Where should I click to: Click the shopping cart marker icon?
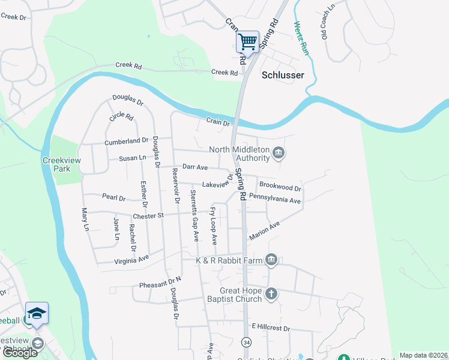[x=247, y=42]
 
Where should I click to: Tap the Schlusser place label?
[x=283, y=75]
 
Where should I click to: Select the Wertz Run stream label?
[x=301, y=39]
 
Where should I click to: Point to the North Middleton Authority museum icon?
[x=279, y=153]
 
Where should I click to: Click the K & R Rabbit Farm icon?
[x=271, y=259]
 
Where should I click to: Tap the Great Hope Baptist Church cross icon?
[x=271, y=293]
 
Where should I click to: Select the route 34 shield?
[x=247, y=341]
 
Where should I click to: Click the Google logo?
[x=20, y=353]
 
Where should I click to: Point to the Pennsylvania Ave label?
[x=274, y=199]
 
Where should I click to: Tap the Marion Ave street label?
[x=265, y=232]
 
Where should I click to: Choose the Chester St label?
[x=148, y=215]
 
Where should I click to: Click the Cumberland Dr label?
[x=126, y=141]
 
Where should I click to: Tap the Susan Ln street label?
[x=133, y=158]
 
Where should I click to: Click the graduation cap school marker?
[x=37, y=313]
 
